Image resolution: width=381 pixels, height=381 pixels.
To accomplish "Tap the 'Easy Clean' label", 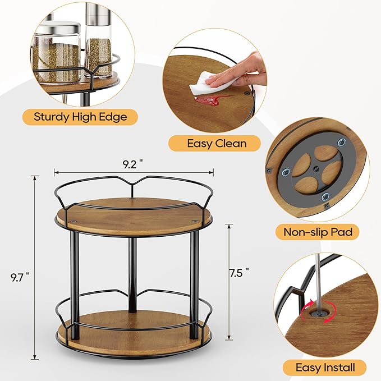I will click(215, 143).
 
